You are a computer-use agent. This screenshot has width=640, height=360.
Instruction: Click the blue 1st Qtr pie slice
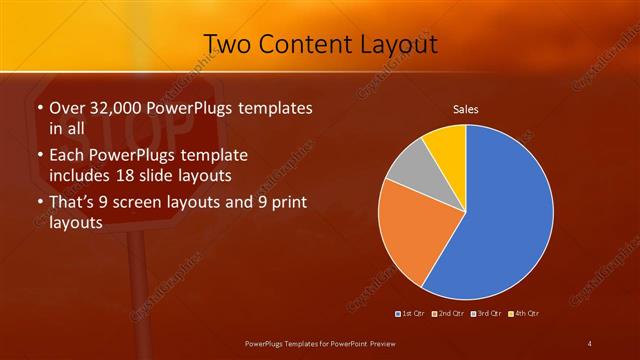[x=505, y=215]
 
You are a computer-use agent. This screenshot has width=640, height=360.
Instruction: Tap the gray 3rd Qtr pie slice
[x=408, y=168]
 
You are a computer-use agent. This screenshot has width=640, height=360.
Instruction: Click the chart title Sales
[x=466, y=108]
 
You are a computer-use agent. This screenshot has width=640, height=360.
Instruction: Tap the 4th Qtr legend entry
[x=527, y=314]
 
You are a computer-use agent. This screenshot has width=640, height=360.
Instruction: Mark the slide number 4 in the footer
[x=589, y=344]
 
